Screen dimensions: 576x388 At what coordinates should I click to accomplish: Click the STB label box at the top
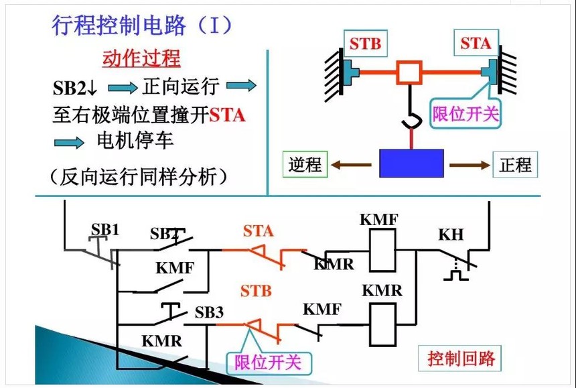click(x=366, y=44)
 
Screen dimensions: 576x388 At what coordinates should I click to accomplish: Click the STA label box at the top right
click(x=476, y=43)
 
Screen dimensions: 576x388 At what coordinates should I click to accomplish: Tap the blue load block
click(x=411, y=163)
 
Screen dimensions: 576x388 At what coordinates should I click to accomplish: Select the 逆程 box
click(x=305, y=164)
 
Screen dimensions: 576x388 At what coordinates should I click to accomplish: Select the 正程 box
click(x=515, y=164)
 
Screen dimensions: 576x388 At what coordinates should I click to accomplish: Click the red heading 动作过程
click(x=141, y=59)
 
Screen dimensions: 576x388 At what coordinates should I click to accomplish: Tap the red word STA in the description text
click(x=227, y=115)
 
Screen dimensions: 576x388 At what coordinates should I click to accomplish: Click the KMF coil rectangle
click(x=383, y=250)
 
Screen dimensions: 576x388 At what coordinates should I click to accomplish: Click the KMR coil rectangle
click(x=383, y=324)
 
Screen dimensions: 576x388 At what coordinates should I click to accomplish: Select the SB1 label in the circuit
click(x=105, y=230)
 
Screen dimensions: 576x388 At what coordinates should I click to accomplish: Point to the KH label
click(x=451, y=235)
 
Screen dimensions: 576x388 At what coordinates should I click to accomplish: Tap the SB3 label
click(x=209, y=312)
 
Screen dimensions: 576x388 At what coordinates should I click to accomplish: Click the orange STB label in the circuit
click(x=256, y=292)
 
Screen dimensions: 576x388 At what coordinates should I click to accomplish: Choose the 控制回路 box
click(x=459, y=359)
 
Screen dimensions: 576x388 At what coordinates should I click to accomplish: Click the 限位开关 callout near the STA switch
click(x=465, y=114)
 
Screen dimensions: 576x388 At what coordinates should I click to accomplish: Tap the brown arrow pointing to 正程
click(x=470, y=165)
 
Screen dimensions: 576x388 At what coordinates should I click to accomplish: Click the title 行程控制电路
click(x=119, y=25)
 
